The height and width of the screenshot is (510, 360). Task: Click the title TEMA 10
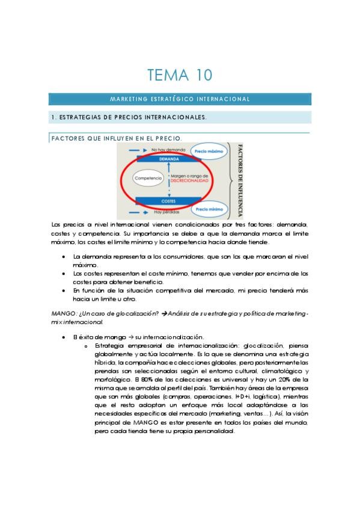[180, 75]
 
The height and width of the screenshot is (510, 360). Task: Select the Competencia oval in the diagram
[148, 179]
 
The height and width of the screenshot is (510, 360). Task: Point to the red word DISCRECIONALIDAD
[189, 180]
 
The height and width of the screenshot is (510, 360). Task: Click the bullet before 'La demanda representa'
[64, 257]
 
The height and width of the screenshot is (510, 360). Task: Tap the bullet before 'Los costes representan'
[64, 273]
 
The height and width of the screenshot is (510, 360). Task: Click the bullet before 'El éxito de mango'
[64, 337]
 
